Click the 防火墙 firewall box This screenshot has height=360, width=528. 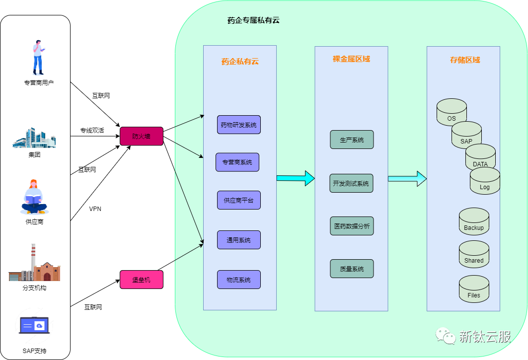(142, 136)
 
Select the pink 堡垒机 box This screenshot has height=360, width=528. (142, 280)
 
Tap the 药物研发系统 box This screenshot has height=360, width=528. (239, 125)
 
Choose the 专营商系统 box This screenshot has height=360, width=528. (237, 162)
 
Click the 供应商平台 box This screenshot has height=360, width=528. (239, 200)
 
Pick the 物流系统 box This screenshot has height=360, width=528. (239, 280)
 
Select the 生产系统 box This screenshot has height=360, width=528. (352, 140)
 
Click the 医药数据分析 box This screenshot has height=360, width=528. (352, 226)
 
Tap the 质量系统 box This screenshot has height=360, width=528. (352, 269)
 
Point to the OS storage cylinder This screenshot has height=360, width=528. (452, 112)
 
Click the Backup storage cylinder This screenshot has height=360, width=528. (474, 221)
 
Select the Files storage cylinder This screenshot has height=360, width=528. (474, 289)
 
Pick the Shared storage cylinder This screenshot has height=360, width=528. (474, 254)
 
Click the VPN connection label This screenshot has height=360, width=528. (95, 209)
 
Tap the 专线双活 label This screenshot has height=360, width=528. (92, 130)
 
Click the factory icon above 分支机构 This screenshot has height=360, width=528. (34, 263)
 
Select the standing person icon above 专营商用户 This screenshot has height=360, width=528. (38, 58)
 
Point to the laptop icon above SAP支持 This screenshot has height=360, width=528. (34, 325)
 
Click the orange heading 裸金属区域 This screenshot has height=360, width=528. (351, 59)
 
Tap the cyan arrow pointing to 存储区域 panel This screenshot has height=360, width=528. (407, 178)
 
